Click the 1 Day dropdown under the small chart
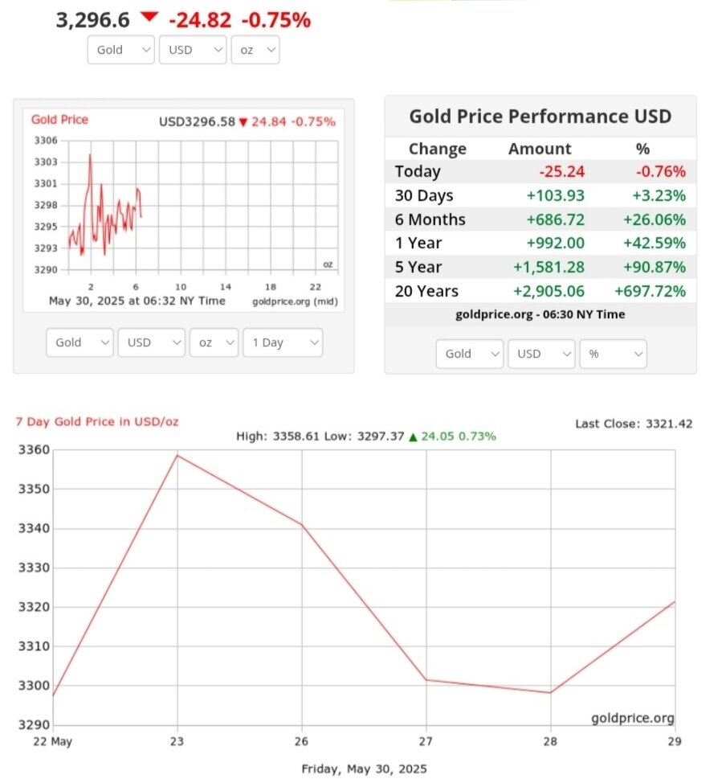282,342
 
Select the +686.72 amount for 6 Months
556,219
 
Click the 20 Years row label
426,291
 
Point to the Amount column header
540,149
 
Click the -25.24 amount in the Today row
561,171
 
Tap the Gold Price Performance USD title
540,117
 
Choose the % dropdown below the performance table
613,354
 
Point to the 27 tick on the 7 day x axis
426,741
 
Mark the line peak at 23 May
177,455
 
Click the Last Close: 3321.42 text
634,424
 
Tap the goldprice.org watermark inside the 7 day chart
633,718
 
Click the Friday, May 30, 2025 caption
364,769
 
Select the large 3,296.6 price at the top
92,20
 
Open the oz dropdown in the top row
255,50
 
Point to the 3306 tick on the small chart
47,141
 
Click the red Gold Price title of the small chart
59,120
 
